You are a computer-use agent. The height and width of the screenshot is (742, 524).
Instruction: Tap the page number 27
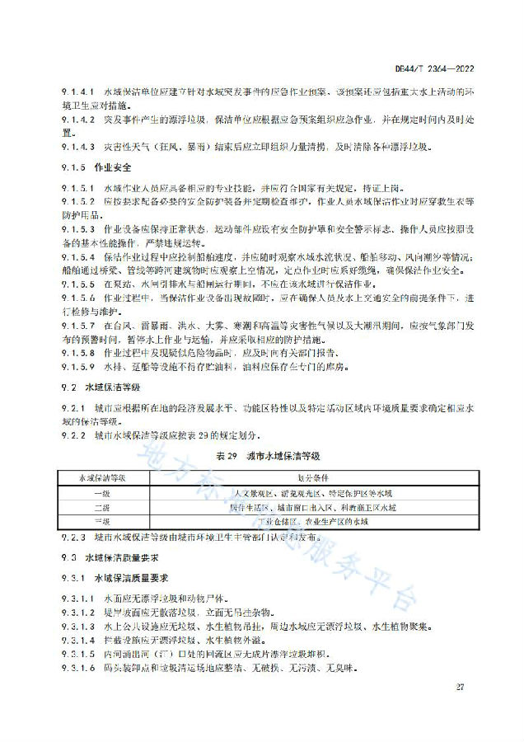459,687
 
